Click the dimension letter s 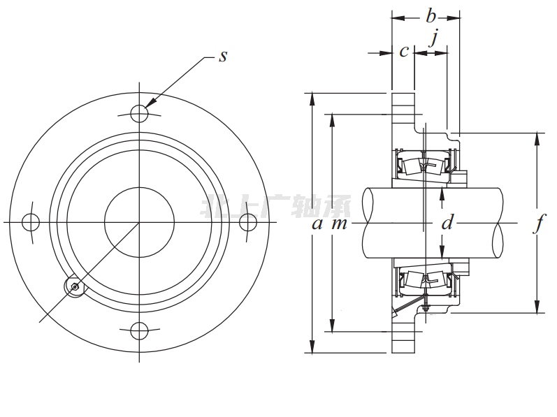223,57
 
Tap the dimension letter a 317,224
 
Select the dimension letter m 339,224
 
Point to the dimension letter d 448,224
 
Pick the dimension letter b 431,15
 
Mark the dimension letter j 434,38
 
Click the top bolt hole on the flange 139,113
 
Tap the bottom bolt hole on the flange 139,330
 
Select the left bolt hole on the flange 30,221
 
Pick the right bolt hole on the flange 248,221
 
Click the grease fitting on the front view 75,285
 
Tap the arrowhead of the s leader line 150,105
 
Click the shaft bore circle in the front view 139,221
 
